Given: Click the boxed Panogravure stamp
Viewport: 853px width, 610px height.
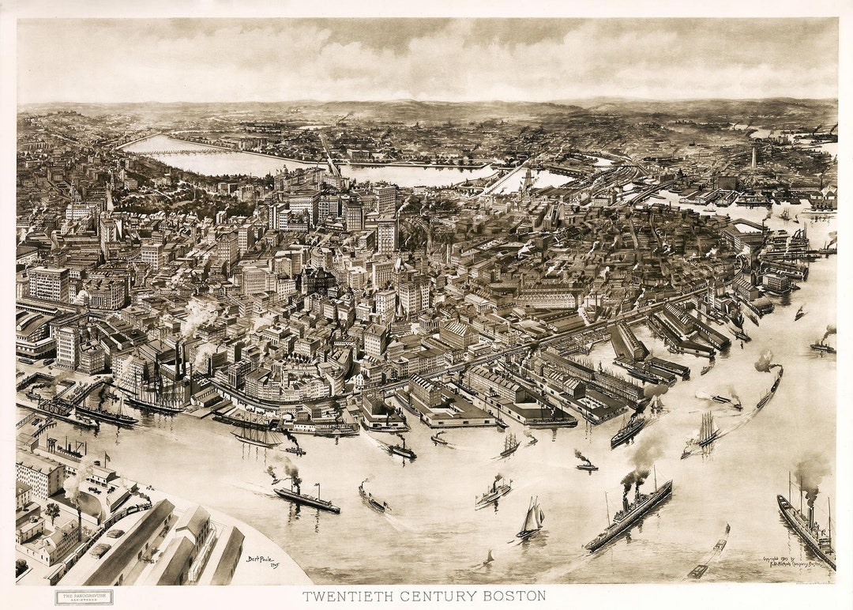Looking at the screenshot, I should [x=84, y=597].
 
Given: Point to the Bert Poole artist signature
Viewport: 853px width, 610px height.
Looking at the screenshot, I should [x=262, y=560].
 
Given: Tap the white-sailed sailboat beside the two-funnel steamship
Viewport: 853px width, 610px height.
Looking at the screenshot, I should [x=532, y=520].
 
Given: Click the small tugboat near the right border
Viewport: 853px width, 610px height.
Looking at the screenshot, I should [x=822, y=345].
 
